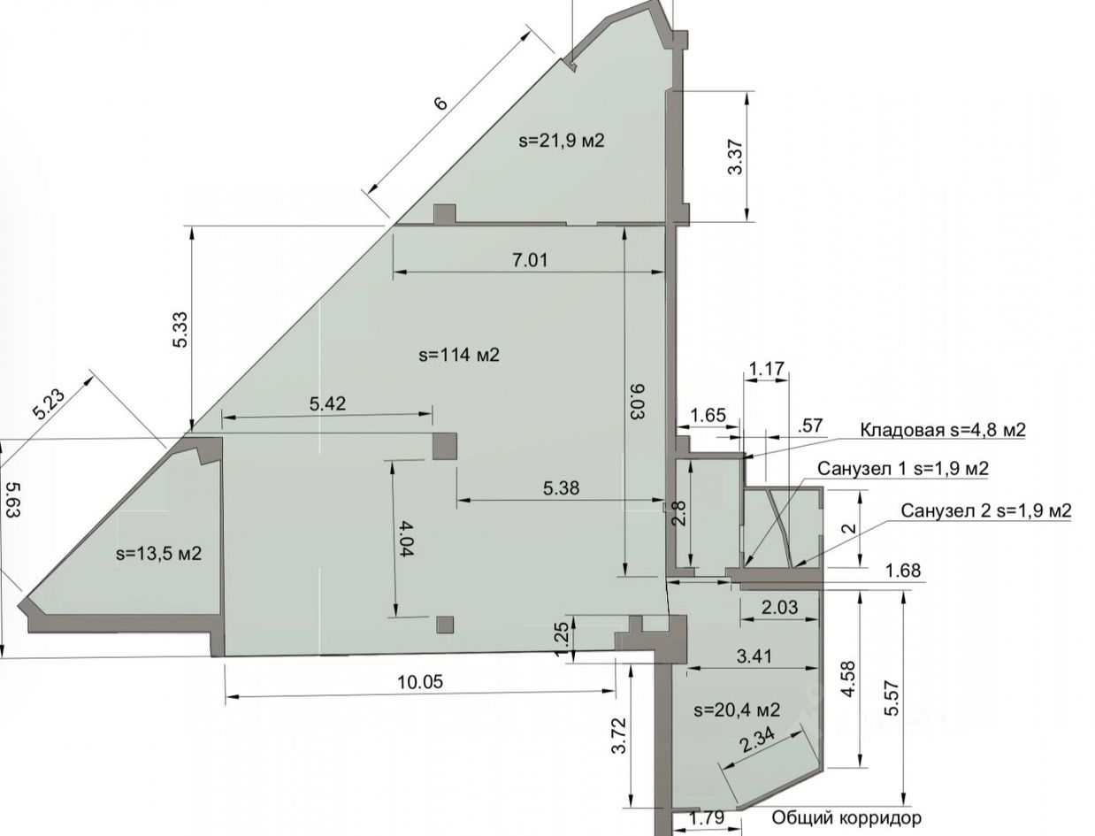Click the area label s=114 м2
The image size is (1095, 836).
(458, 355)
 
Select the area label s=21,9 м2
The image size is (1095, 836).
(561, 140)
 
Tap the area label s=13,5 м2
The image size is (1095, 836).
(158, 553)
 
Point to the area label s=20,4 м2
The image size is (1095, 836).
(737, 709)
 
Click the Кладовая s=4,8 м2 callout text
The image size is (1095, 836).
(942, 429)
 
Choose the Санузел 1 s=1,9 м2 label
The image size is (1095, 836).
(902, 468)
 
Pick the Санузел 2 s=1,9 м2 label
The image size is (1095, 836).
(985, 510)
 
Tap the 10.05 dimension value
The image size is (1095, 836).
(419, 681)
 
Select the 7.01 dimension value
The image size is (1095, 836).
(530, 260)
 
